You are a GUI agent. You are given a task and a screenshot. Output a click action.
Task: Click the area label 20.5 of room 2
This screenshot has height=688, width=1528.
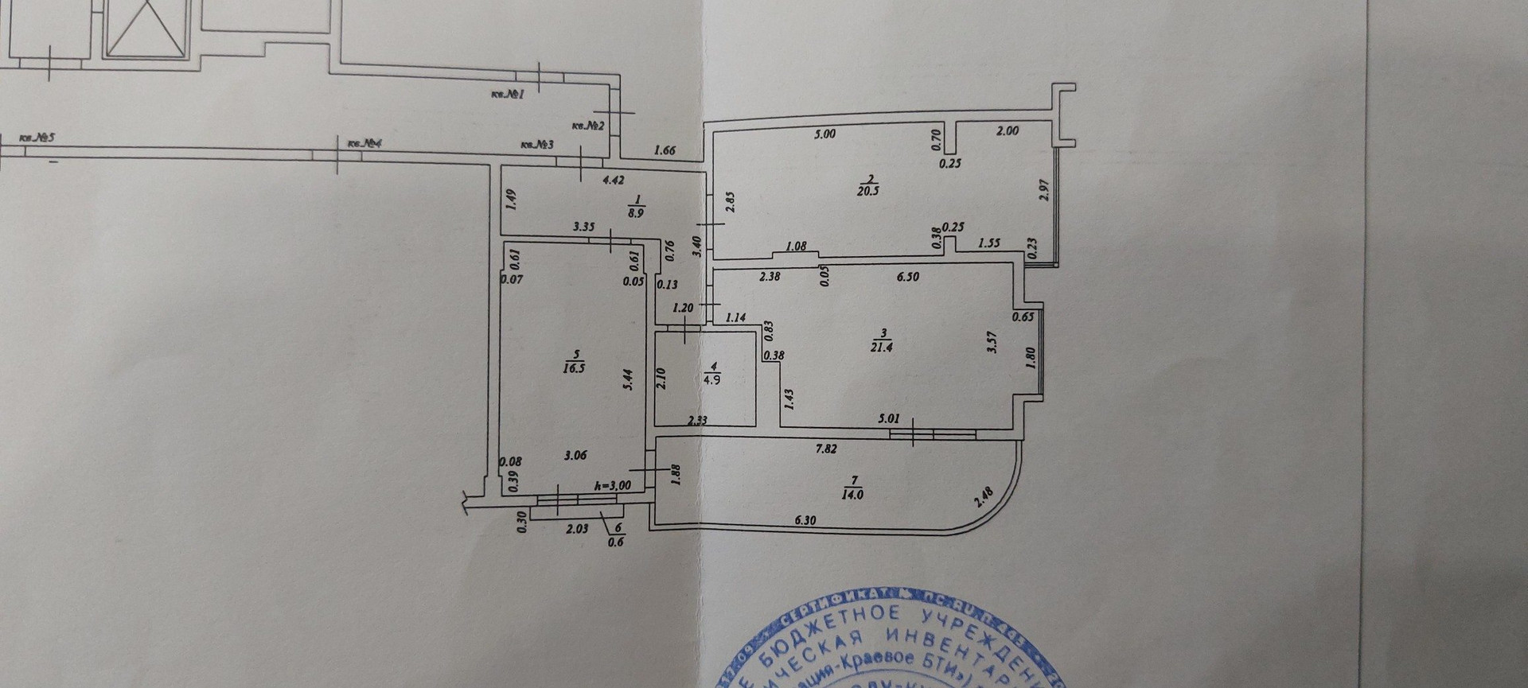point(867,191)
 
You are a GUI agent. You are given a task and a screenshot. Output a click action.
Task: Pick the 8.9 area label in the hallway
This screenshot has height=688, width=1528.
point(637,213)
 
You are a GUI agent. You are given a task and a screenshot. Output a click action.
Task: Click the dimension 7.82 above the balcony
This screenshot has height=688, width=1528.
point(825,449)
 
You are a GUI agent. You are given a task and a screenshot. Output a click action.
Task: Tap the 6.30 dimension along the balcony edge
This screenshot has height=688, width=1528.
point(805,521)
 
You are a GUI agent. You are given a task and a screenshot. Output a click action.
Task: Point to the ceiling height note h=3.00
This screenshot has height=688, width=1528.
point(613,485)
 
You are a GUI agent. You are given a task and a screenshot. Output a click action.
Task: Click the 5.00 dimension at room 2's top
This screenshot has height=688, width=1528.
point(825,134)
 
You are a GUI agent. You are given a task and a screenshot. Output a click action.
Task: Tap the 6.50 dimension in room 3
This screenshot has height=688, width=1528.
point(908,277)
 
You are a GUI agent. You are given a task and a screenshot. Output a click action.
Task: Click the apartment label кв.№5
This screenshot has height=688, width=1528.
point(37,138)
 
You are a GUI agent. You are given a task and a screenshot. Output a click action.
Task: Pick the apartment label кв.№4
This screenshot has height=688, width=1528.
point(365,144)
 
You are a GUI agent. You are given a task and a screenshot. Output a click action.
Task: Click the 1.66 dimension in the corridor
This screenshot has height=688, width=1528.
point(665,150)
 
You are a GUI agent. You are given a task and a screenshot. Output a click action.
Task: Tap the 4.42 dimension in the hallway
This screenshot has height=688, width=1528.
point(613,181)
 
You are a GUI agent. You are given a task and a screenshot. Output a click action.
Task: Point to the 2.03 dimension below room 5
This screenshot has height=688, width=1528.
point(578,527)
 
